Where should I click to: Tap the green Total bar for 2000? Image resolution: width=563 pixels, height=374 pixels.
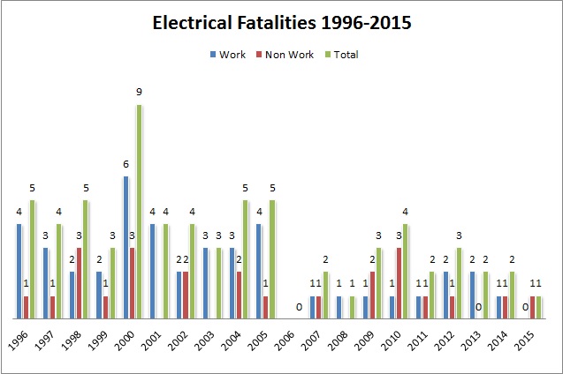pos(139,212)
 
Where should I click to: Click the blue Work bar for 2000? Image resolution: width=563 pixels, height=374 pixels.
pos(126,247)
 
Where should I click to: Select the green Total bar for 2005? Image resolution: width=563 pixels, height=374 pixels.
pos(273,258)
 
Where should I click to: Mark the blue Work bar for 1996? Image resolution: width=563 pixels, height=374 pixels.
pos(19,271)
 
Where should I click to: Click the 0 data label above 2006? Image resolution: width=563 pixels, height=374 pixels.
pos(300,306)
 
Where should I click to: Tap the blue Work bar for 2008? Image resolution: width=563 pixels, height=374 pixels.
pos(339,307)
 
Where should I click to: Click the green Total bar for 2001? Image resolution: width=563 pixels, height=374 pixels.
pos(166,271)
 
